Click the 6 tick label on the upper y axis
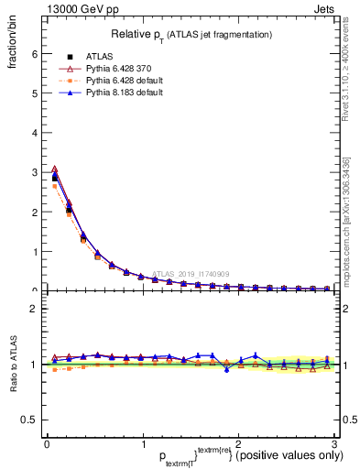click(33, 54)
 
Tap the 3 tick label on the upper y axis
click(33, 172)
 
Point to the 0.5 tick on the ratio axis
click(28, 420)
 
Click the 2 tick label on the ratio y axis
click(33, 309)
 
